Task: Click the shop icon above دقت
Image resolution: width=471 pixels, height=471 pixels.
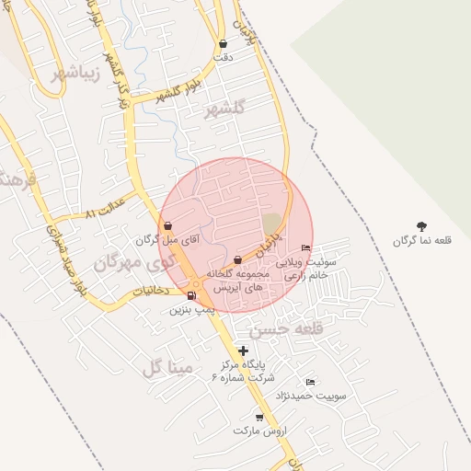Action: [x=223, y=43]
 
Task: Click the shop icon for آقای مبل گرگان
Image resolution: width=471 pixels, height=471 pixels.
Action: [x=167, y=225]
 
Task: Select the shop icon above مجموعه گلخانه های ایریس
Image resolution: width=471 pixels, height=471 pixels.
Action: [x=238, y=259]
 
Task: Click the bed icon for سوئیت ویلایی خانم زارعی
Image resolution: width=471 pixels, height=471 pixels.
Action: [x=306, y=247]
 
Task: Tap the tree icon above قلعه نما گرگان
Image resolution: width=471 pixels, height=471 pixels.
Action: [x=421, y=225]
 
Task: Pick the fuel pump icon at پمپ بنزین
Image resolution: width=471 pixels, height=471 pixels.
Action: [x=191, y=295]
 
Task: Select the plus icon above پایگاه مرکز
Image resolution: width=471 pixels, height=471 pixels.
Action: [x=243, y=350]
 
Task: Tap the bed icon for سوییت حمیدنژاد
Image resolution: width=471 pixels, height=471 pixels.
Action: [x=310, y=383]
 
